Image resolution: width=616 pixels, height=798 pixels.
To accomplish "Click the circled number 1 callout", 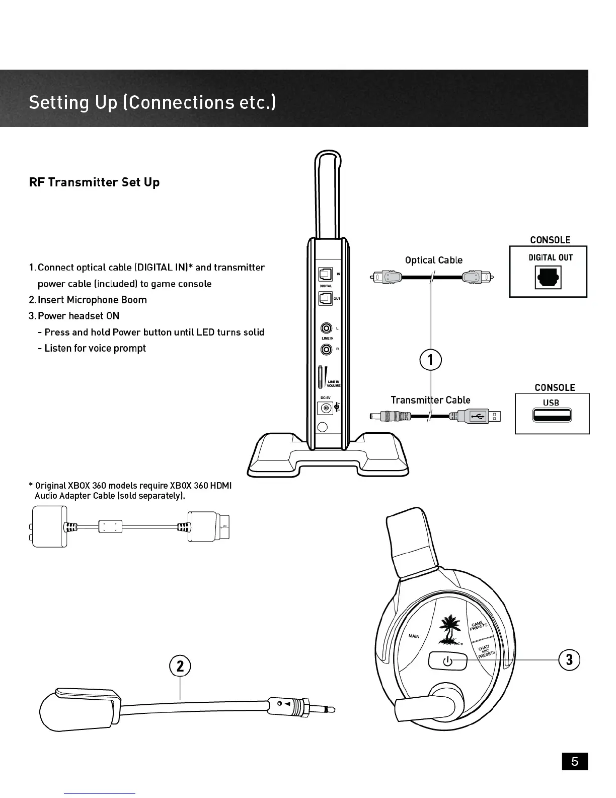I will tap(430, 360).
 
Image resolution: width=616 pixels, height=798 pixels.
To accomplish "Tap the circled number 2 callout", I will tap(180, 666).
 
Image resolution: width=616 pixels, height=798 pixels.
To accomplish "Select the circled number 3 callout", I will tap(569, 659).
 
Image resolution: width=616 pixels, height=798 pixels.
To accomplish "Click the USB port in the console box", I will tap(551, 416).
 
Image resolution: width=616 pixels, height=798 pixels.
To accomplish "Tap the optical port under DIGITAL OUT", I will tap(548, 278).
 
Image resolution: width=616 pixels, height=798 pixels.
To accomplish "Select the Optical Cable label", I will tap(433, 260).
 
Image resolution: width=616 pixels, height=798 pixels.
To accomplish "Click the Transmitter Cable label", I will tap(430, 400).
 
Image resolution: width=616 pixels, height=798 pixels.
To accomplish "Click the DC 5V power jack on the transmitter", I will tap(325, 408).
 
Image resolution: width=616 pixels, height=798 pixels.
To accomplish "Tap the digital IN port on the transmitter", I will tap(325, 275).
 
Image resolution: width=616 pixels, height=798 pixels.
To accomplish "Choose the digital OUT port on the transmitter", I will tap(325, 298).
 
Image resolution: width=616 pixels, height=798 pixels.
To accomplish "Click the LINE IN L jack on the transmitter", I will tap(326, 328).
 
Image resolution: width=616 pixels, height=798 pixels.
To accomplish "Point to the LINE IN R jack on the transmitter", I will tap(326, 349).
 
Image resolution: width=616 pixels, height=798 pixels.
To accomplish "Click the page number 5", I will tap(575, 761).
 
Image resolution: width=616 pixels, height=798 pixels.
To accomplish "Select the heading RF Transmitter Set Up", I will tap(94, 182).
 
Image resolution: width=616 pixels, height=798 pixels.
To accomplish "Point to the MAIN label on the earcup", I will tap(414, 636).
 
